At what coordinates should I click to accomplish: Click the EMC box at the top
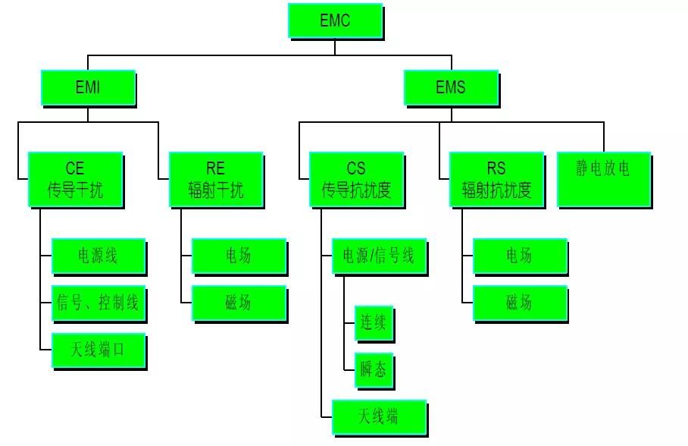334,20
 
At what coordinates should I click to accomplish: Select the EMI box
87,87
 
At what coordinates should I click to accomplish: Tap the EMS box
450,87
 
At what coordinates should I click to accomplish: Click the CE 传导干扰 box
75,179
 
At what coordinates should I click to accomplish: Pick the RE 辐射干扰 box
215,179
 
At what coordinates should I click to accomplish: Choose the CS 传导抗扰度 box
356,179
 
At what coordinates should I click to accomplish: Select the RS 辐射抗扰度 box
496,179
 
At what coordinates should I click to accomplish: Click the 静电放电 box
603,179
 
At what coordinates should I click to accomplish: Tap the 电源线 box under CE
98,256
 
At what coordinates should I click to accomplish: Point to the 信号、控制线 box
98,303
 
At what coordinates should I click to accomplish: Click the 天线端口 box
98,350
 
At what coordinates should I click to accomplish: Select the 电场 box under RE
239,256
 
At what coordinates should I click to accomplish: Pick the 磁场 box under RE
239,303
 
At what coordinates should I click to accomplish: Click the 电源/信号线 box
379,256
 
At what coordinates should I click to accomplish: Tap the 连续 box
374,324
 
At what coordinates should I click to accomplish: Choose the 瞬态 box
374,370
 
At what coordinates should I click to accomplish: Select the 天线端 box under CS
379,416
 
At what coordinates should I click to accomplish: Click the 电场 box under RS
519,256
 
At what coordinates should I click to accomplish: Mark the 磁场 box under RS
519,303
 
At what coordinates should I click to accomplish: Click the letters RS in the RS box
496,168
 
